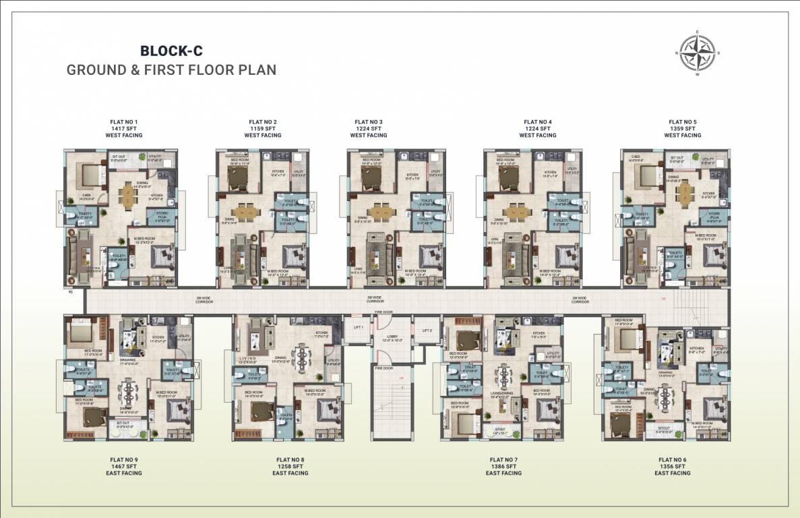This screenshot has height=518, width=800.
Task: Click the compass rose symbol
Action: tap(698, 53)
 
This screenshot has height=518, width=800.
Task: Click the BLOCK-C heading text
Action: tap(171, 51)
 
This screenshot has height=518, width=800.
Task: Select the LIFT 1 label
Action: tap(358, 327)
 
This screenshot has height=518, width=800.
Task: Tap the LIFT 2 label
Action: tap(427, 330)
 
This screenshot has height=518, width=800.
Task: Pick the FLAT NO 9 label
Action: tap(123, 459)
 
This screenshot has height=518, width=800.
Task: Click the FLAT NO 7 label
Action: tap(503, 459)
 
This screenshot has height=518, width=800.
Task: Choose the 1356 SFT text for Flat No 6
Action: tap(672, 466)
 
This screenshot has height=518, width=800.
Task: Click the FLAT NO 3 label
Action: tap(369, 121)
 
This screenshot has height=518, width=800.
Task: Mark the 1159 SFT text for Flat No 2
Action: tap(263, 128)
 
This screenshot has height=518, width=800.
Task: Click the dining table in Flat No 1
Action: tap(128, 196)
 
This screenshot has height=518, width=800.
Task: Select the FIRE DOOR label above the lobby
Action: tap(383, 313)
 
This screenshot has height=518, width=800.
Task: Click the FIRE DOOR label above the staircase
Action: tap(383, 368)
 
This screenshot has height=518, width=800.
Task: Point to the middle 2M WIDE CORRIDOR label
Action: tap(375, 299)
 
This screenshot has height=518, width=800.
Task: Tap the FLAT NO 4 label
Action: tap(538, 121)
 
